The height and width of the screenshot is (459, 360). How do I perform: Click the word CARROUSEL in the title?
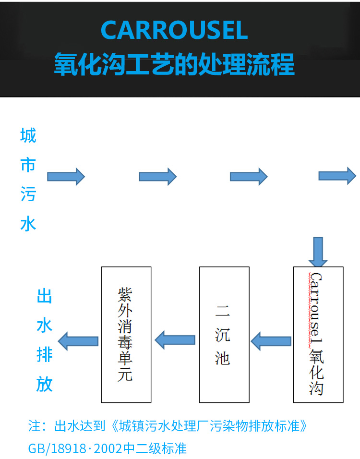174,31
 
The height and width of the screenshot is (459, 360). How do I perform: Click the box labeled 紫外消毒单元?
126,334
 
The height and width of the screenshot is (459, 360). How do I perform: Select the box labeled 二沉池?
224,334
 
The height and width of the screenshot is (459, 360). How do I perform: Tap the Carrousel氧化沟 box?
318,334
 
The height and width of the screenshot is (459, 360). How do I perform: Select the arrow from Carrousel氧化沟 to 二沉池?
271,341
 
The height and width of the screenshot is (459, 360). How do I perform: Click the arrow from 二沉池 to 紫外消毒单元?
175,341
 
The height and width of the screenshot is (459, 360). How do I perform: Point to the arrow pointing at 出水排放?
78,341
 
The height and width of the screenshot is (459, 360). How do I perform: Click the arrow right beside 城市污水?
66,177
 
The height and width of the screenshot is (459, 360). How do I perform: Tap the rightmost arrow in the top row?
337,176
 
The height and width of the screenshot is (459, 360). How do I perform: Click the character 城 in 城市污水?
28,136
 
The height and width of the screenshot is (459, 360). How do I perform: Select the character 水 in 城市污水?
28,224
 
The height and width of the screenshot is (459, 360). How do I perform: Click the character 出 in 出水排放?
45,297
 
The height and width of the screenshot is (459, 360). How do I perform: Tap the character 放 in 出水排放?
45,384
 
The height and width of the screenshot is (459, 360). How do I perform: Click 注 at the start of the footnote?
35,426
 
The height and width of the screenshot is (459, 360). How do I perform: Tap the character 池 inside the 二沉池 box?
223,358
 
